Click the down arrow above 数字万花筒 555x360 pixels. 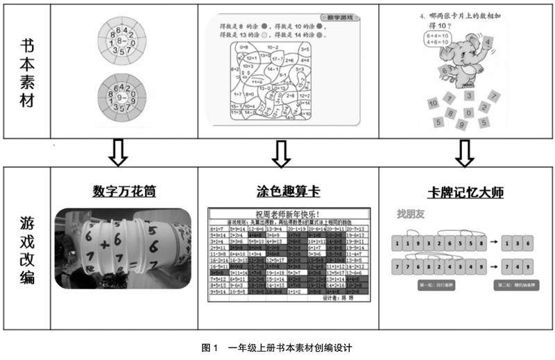pyautogui.click(x=119, y=153)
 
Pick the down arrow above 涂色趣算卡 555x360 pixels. pyautogui.click(x=280, y=153)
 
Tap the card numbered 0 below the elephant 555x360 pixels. pyautogui.click(x=469, y=112)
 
